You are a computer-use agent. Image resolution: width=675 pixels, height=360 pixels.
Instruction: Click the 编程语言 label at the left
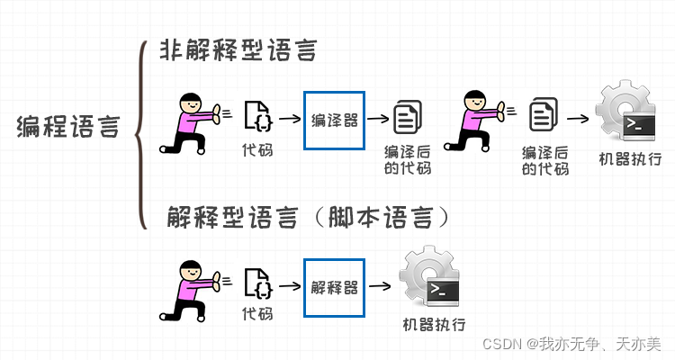click(x=67, y=127)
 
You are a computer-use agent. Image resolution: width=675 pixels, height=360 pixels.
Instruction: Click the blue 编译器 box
click(x=335, y=119)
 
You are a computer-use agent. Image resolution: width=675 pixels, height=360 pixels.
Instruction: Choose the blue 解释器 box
click(x=335, y=287)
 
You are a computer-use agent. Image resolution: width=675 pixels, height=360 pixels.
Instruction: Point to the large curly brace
click(x=140, y=135)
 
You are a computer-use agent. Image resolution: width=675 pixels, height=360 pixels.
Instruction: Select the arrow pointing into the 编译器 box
click(x=290, y=118)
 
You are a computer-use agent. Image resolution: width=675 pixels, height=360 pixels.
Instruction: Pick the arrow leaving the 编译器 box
click(x=379, y=118)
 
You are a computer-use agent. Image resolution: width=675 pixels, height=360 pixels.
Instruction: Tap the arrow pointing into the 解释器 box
click(x=290, y=287)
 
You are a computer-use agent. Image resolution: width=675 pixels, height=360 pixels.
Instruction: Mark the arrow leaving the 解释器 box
click(x=379, y=287)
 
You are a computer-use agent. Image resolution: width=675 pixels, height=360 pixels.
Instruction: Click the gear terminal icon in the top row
click(x=628, y=115)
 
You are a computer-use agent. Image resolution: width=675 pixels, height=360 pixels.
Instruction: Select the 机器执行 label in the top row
click(x=628, y=160)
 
